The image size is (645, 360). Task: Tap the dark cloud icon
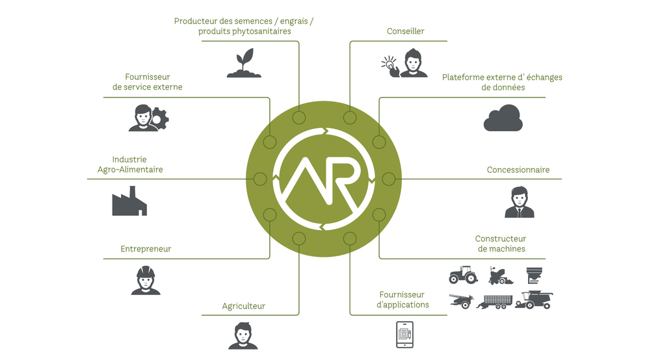pos(503,119)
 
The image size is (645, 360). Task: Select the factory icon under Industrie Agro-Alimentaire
pos(129,201)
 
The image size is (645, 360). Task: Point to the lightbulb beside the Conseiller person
pos(389,64)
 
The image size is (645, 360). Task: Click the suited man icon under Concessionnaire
pos(519,203)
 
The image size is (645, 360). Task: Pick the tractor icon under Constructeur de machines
pos(463,275)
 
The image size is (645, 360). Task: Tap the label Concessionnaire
pos(518,170)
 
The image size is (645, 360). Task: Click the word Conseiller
pos(406,31)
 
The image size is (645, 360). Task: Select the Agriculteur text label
pos(244,306)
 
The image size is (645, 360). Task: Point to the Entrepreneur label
pos(146,249)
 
